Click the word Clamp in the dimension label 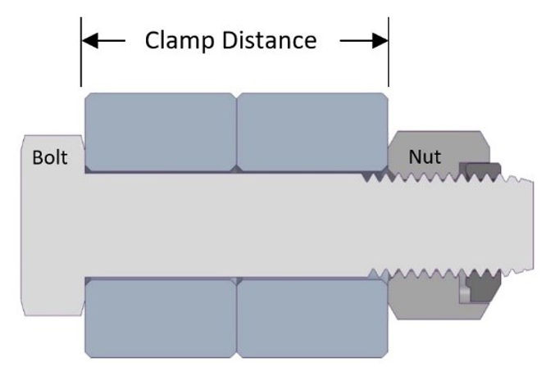pos(172,39)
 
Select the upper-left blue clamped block pos(160,131)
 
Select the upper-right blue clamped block pos(312,131)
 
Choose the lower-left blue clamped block pos(160,316)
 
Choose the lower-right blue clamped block pos(312,316)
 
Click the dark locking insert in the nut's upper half pos(479,170)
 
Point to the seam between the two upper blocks pos(236,131)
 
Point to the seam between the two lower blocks pos(236,316)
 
